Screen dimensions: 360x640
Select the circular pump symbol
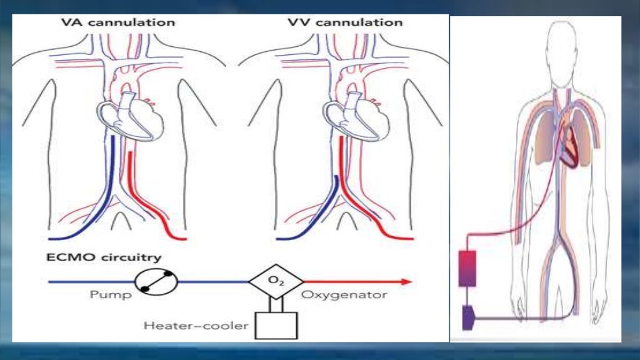click(156, 281)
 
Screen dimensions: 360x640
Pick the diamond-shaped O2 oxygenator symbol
click(275, 281)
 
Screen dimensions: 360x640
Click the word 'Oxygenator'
click(344, 294)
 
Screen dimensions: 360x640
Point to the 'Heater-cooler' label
click(195, 325)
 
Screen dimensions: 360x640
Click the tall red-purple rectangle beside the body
click(467, 267)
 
